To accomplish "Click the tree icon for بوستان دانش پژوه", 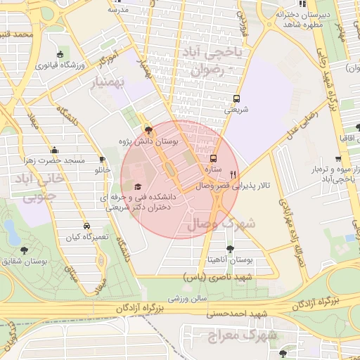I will pos(148,129).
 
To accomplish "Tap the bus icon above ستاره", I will pos(214,159).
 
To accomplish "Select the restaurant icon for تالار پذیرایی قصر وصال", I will pos(233,175).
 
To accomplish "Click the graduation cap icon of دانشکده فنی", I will pos(137,186).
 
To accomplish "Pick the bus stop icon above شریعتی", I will pos(236,99).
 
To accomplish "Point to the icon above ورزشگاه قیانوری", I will pos(60,55).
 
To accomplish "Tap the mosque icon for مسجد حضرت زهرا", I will pos(55,150).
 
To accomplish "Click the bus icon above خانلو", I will pos(103,160).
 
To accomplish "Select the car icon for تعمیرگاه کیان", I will pos(86,226).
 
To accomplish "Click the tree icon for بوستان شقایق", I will pos(25,250).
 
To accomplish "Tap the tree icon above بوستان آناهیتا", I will pos(230,249).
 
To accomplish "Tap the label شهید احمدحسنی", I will pos(235,312).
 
